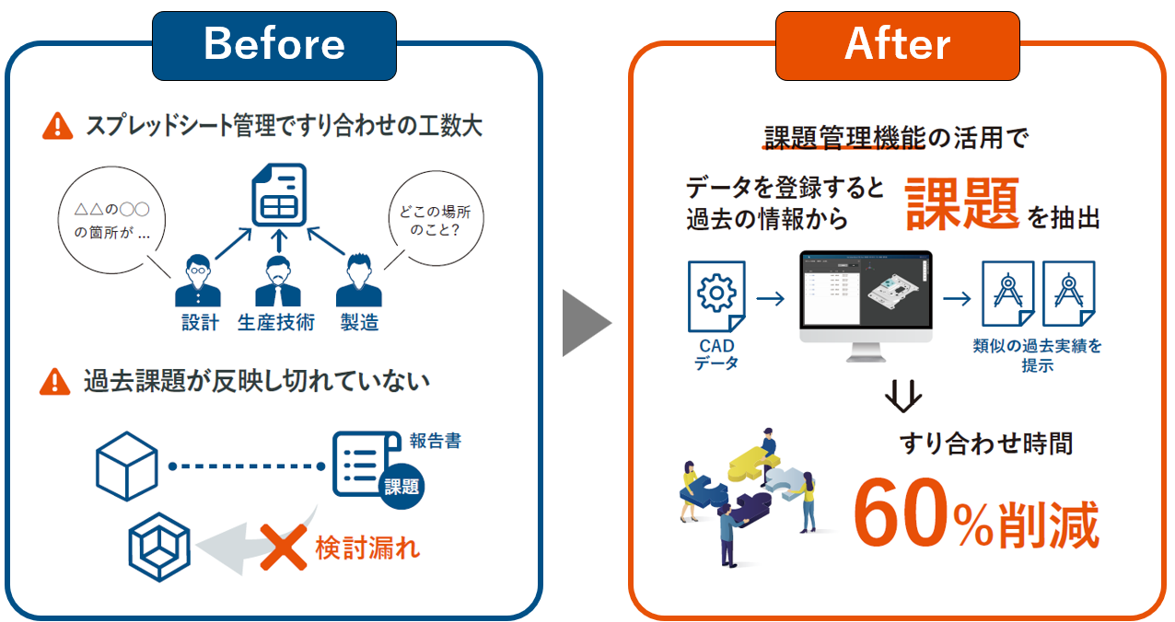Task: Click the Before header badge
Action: click(x=274, y=44)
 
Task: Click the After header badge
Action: click(x=898, y=44)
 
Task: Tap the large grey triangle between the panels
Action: click(x=585, y=323)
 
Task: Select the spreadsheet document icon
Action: click(x=279, y=197)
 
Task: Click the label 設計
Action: click(x=200, y=322)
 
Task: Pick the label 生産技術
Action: click(x=276, y=322)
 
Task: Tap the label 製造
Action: click(x=359, y=322)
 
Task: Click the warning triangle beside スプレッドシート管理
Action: click(x=58, y=125)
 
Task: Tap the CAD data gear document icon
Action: click(x=715, y=295)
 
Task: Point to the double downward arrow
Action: click(x=902, y=397)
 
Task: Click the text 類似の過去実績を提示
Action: click(x=1037, y=356)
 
